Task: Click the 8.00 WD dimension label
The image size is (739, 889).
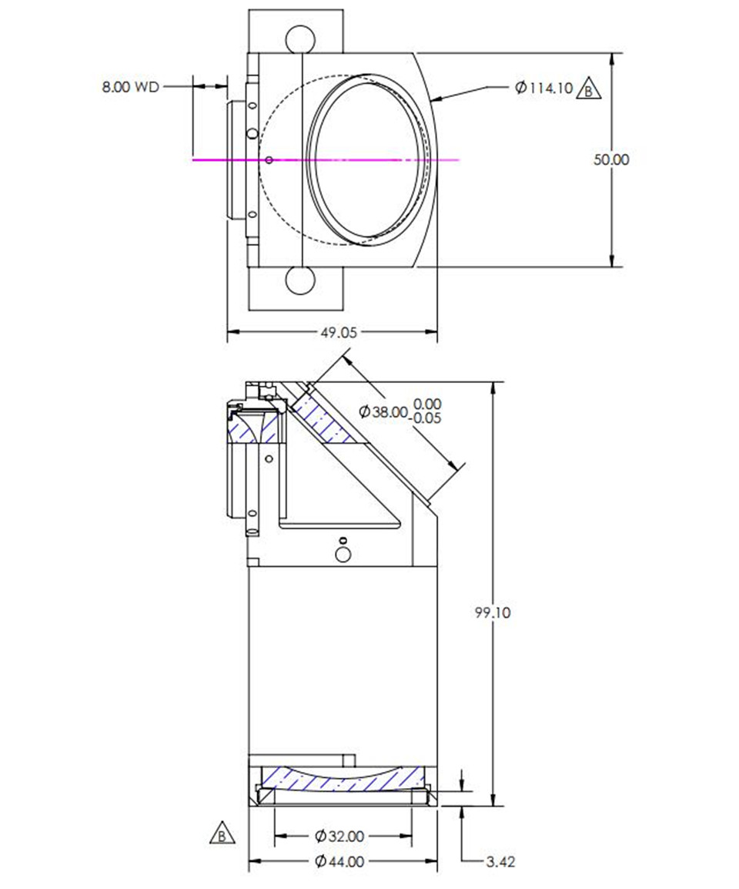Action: (x=130, y=87)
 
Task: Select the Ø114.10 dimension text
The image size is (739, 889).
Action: (x=544, y=88)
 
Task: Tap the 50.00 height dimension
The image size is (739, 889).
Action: (x=611, y=159)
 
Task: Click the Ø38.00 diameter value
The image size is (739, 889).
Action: (x=383, y=411)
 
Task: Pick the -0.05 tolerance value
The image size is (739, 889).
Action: (x=427, y=418)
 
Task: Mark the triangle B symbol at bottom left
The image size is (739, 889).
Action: (x=221, y=834)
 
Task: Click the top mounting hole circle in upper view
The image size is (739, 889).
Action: (x=299, y=37)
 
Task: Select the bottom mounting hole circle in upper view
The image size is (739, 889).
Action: (x=299, y=280)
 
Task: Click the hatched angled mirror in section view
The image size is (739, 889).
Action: (x=327, y=422)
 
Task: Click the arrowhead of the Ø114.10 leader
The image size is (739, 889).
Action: (x=434, y=99)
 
